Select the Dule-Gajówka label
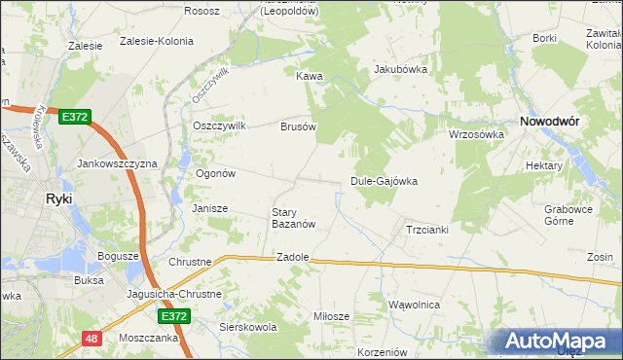(384, 182)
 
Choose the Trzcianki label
(425, 230)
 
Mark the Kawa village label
(309, 76)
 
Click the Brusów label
(299, 126)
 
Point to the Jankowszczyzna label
(117, 164)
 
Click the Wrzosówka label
(475, 134)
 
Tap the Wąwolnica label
(414, 305)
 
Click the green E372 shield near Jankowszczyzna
(74, 117)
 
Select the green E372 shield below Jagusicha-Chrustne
(174, 316)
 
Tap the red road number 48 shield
(92, 339)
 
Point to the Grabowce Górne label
(569, 214)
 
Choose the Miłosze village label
(330, 317)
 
